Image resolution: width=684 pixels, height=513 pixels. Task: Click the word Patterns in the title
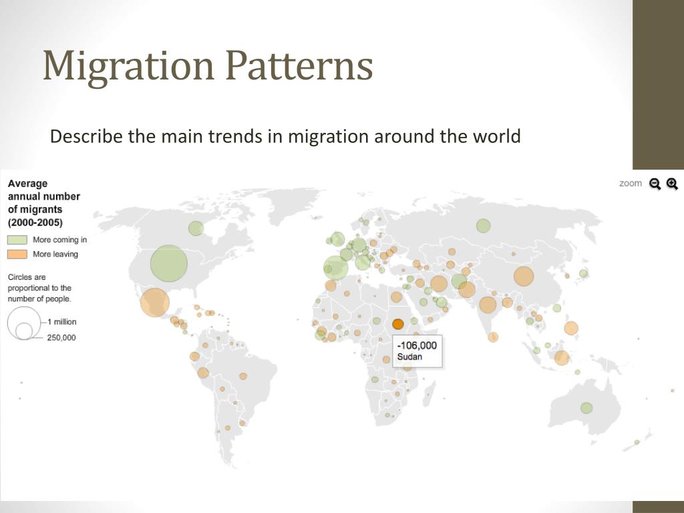tap(298, 67)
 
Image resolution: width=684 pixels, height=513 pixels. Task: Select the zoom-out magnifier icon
tap(655, 184)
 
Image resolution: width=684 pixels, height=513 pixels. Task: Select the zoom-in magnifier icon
tap(672, 184)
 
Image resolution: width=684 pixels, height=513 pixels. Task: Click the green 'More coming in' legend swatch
tap(17, 240)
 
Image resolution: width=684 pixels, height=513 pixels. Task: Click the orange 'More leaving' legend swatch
tap(17, 254)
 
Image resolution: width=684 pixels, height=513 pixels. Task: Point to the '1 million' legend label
tap(61, 322)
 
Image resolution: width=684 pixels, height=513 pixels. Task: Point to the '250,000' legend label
tap(61, 337)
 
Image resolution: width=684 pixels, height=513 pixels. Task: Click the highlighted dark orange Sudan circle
tap(398, 324)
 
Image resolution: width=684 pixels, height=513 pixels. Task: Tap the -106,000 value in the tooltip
tap(417, 345)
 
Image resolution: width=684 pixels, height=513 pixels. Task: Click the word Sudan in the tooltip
tap(409, 357)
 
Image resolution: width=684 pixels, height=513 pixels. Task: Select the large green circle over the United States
tap(169, 263)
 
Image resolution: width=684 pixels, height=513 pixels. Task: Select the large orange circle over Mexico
tap(155, 302)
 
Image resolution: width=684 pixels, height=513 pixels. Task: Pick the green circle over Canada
tap(196, 228)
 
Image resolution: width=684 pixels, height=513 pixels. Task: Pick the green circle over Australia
tap(586, 407)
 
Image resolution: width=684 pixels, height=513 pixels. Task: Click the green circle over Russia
tap(484, 226)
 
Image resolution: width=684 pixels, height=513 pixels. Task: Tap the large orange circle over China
tap(524, 276)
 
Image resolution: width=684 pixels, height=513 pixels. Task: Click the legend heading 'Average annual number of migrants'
tap(43, 203)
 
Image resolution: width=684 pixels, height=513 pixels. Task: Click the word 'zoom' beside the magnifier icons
tap(630, 183)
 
